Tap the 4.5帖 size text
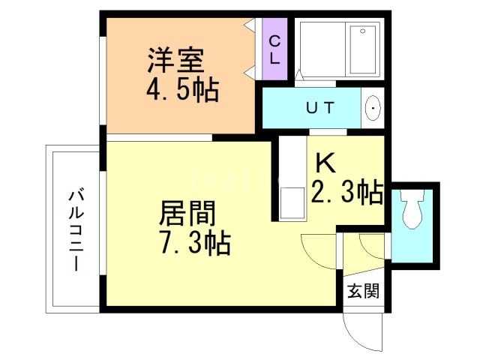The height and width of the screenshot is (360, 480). tap(182, 91)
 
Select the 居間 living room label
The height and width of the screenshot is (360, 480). tap(187, 214)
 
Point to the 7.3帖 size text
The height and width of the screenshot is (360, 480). tap(194, 243)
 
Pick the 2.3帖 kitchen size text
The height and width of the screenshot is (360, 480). tap(346, 193)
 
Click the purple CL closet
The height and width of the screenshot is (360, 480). tap(275, 49)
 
